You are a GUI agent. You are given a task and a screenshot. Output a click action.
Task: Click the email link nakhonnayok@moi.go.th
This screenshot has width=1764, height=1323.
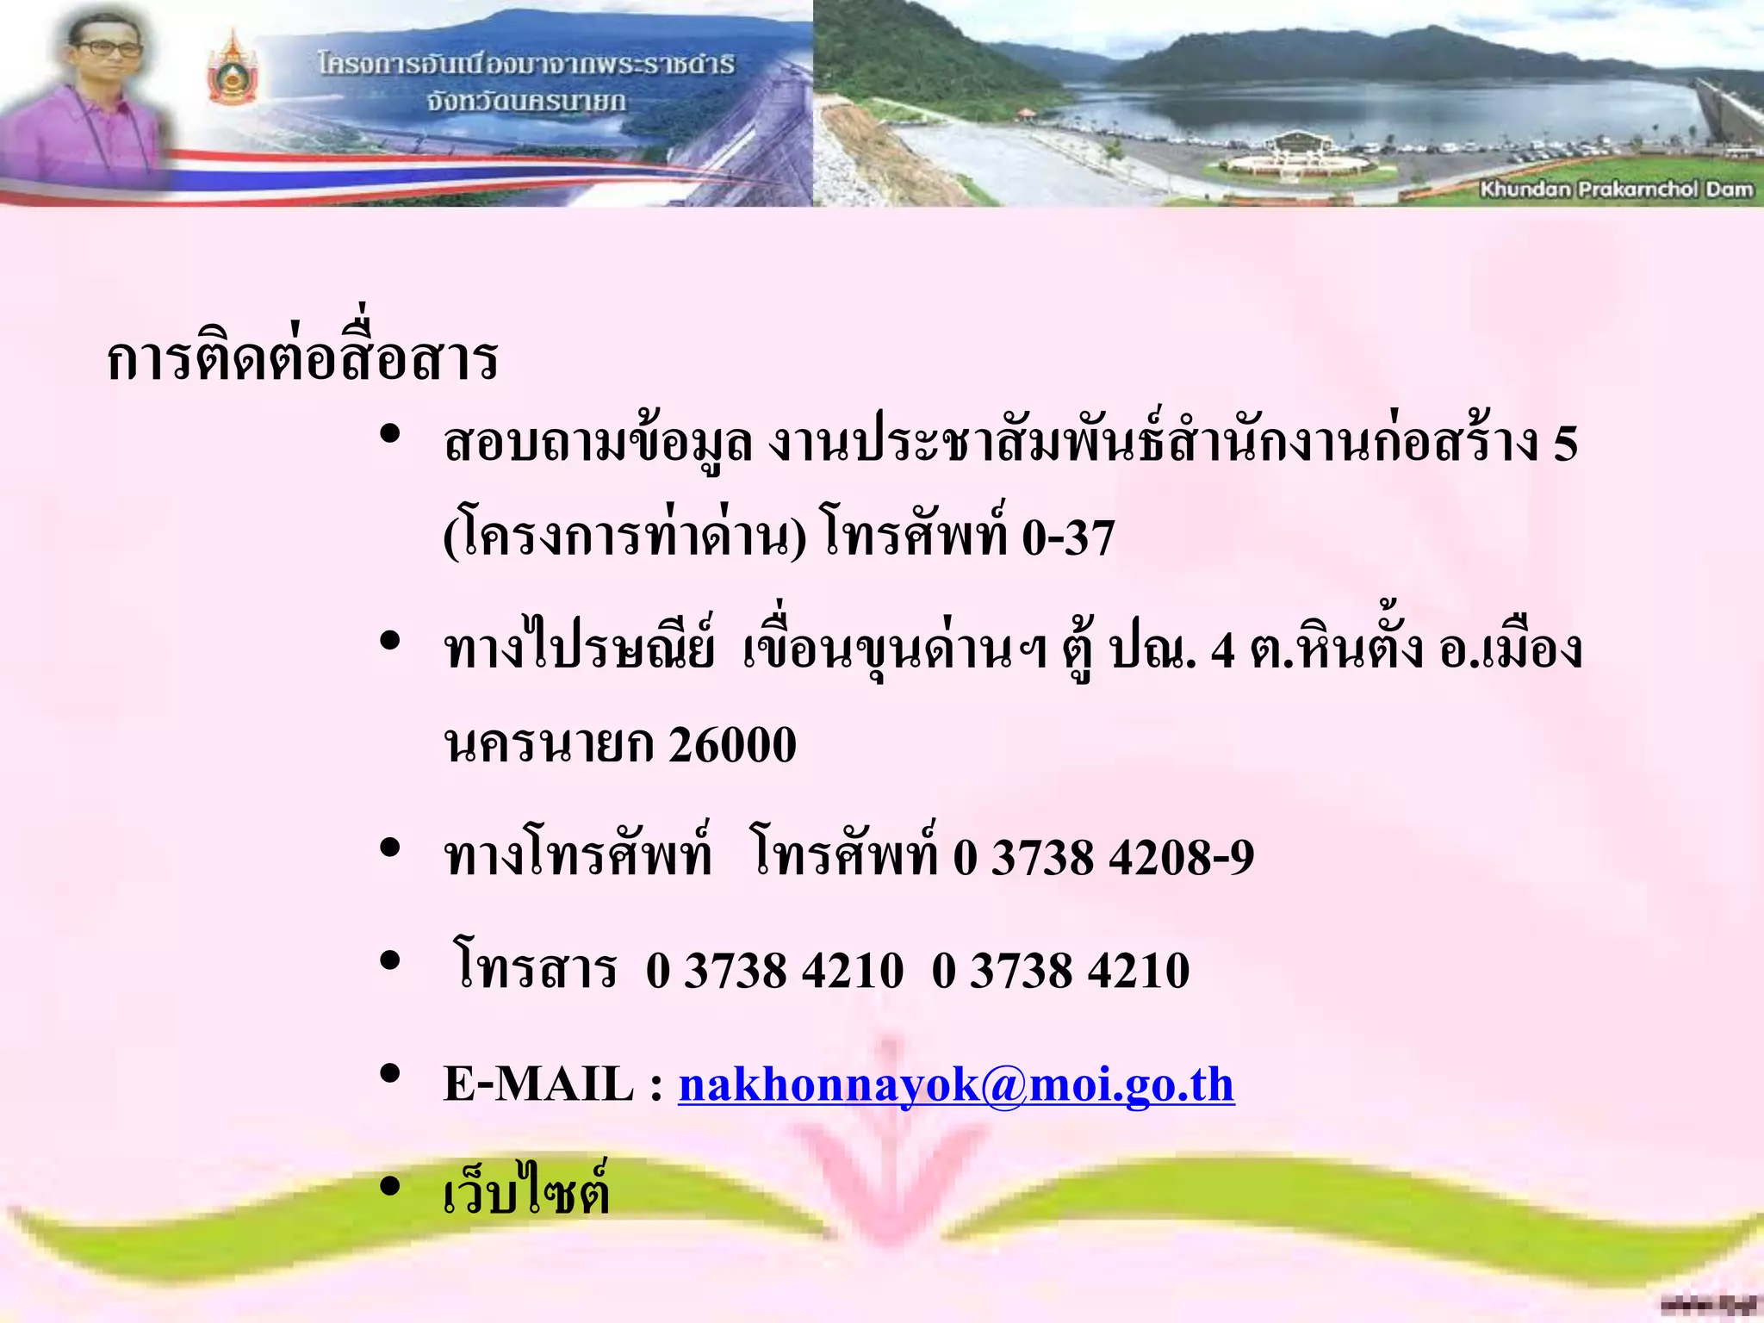pyautogui.click(x=956, y=1084)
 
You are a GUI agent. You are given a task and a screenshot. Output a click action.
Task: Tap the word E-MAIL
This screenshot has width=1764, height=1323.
pyautogui.click(x=538, y=1084)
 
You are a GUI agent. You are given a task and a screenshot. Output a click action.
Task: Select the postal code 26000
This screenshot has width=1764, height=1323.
pyautogui.click(x=732, y=745)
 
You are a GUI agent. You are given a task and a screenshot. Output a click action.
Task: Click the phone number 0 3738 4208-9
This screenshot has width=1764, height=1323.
pyautogui.click(x=1103, y=858)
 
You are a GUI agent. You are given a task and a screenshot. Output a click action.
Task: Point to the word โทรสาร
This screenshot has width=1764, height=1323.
pyautogui.click(x=536, y=969)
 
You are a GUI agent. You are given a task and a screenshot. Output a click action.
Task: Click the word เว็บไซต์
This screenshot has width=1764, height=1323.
pyautogui.click(x=526, y=1193)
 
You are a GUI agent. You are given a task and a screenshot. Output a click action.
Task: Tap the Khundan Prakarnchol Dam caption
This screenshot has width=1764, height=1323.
pyautogui.click(x=1616, y=189)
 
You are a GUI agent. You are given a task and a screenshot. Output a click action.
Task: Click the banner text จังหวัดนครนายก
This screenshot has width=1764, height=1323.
pyautogui.click(x=526, y=102)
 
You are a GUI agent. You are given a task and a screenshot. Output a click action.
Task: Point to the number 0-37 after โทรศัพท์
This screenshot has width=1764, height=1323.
pyautogui.click(x=1068, y=537)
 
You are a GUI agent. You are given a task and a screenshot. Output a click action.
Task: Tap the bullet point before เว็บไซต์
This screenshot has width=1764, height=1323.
pyautogui.click(x=390, y=1187)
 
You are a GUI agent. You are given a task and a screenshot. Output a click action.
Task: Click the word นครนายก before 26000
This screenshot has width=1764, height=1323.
pyautogui.click(x=548, y=745)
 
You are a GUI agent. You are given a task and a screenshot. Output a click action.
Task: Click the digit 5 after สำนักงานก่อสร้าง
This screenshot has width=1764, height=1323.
pyautogui.click(x=1565, y=444)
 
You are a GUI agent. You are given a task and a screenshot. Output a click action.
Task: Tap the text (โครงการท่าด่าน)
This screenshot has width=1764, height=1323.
pyautogui.click(x=625, y=537)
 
